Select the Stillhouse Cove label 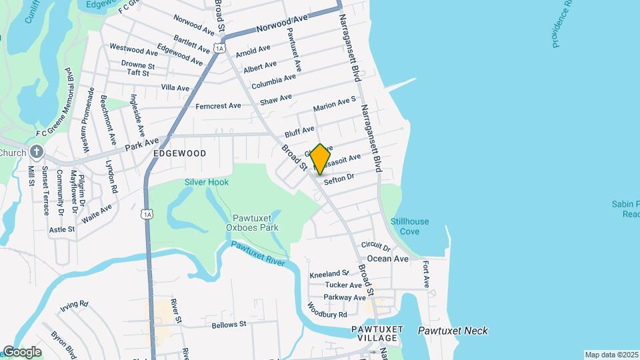(x=409, y=227)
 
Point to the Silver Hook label (x=207, y=182)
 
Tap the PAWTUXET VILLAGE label (x=377, y=334)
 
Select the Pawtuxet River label (x=258, y=254)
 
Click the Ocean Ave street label (x=387, y=259)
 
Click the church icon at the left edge (x=35, y=152)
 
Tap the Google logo (x=22, y=352)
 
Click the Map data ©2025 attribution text (x=611, y=355)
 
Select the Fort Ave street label (x=426, y=274)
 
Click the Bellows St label (x=229, y=325)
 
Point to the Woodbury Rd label (x=327, y=311)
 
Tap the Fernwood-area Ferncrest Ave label (x=218, y=106)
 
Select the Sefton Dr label (x=338, y=179)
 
